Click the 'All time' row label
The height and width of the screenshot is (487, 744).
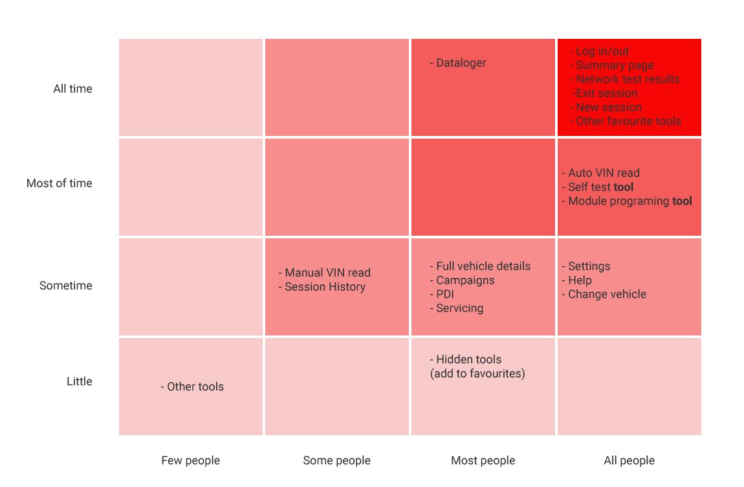tap(72, 89)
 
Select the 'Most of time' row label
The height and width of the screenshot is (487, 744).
tap(59, 183)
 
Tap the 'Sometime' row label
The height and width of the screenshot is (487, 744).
tap(65, 286)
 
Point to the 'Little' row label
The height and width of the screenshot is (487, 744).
tap(79, 381)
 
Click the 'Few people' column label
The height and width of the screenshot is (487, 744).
tap(190, 460)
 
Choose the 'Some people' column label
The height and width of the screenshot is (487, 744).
tap(336, 460)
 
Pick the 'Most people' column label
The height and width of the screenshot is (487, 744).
tap(483, 460)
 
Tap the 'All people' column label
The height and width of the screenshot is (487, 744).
tap(629, 460)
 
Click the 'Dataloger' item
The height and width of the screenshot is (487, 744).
tap(461, 63)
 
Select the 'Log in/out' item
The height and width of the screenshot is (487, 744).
tap(602, 51)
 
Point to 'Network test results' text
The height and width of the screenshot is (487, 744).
tap(627, 79)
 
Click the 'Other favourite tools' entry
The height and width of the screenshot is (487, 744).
tap(628, 121)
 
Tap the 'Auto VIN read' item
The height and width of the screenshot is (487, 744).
tap(603, 173)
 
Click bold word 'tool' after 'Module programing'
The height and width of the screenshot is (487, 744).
tap(682, 201)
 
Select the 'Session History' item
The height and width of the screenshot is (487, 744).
tap(324, 287)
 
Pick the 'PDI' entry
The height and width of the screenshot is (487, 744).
tap(444, 294)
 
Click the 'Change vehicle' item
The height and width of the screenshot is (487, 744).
tap(606, 294)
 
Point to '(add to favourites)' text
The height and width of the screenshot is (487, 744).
tap(477, 373)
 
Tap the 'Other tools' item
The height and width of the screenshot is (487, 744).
tap(195, 387)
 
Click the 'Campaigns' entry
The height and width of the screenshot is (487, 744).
tap(465, 280)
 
